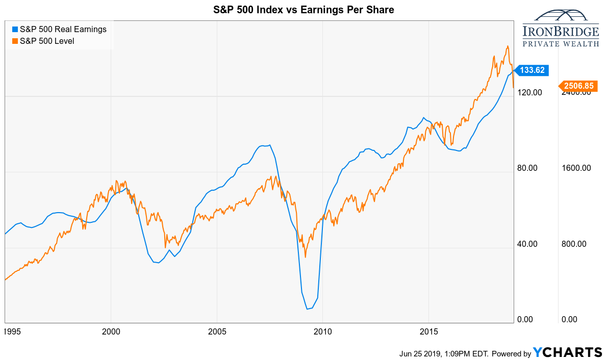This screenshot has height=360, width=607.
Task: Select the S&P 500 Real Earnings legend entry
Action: coord(59,30)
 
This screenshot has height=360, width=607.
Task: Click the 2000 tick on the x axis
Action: coord(111,331)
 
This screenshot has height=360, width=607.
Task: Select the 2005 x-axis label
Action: coord(217,331)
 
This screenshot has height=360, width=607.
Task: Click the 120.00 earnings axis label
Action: coord(528,92)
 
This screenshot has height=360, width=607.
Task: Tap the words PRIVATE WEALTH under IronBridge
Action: coord(561,44)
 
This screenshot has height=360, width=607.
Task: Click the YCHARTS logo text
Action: coord(568,352)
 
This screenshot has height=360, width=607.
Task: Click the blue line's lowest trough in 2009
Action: coord(308,309)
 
